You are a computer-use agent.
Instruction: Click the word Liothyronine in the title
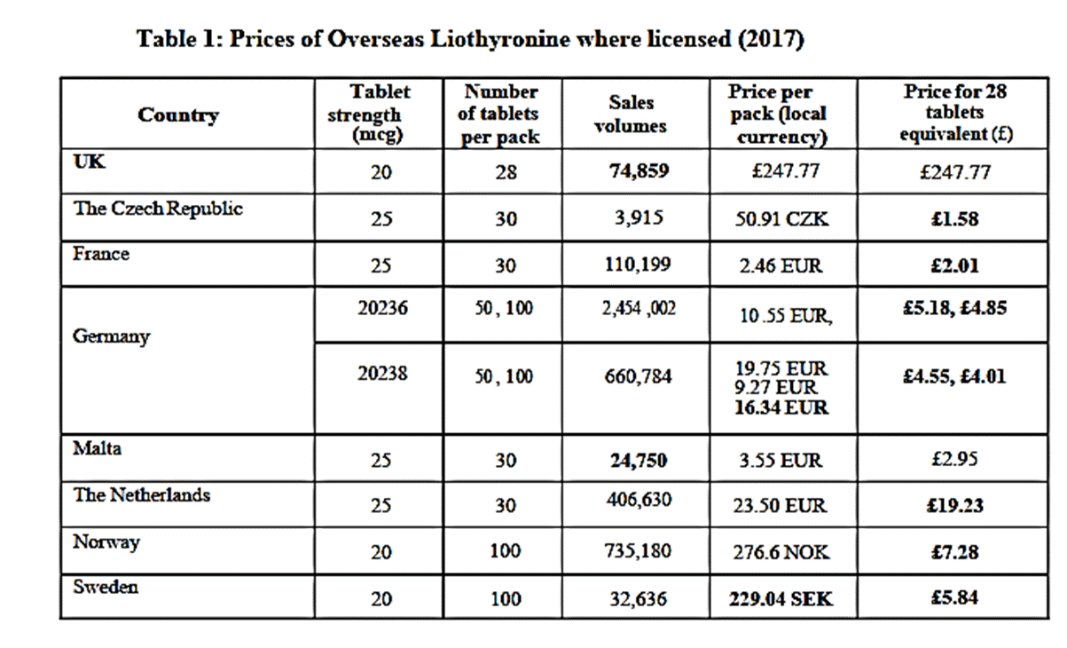click(499, 40)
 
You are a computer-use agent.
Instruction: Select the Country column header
click(178, 115)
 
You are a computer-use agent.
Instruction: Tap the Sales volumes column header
click(631, 115)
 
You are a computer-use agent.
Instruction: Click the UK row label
click(89, 162)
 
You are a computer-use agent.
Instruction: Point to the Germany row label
click(111, 337)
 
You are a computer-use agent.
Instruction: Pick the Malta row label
click(97, 448)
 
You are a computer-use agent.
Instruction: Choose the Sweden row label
click(106, 587)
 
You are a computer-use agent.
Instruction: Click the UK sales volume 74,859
click(639, 170)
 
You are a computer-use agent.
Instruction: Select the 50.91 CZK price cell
click(781, 219)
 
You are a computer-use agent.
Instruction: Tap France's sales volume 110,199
click(638, 265)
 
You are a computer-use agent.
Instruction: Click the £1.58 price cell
click(954, 219)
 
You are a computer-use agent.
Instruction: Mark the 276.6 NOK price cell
click(781, 552)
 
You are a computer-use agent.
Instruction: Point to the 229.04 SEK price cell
click(781, 599)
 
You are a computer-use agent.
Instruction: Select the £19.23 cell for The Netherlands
click(954, 505)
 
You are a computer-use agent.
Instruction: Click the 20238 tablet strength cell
click(382, 374)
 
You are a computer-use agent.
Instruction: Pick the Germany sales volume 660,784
click(638, 376)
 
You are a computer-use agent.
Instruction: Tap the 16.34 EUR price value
click(781, 407)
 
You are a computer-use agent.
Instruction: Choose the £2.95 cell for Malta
click(954, 459)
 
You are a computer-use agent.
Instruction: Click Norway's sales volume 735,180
click(638, 551)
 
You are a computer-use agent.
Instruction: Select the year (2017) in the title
click(771, 40)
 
